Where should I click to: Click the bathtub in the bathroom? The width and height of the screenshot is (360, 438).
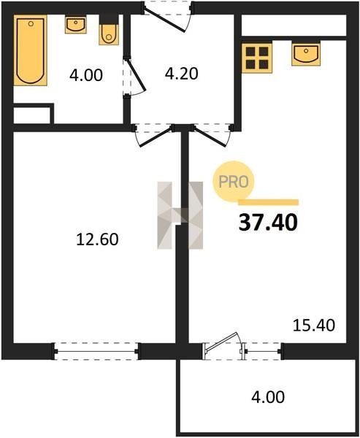click(31, 50)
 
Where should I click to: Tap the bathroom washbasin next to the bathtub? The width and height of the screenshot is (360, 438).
click(75, 25)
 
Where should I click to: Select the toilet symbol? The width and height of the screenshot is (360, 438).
click(109, 30)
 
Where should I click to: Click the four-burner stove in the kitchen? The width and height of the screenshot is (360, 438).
click(257, 58)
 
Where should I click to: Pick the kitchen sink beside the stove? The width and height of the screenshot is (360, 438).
click(306, 53)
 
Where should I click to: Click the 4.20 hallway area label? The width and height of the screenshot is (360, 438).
click(182, 74)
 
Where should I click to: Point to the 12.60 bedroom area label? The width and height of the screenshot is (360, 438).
click(97, 239)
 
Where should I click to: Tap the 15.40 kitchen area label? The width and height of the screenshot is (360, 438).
click(313, 326)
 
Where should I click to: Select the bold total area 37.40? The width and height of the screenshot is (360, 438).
click(268, 223)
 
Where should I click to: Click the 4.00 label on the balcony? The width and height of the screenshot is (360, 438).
click(268, 397)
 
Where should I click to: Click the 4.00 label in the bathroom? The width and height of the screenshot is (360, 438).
click(86, 75)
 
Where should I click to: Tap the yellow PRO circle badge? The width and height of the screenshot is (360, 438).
click(234, 182)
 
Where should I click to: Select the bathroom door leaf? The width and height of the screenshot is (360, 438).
click(136, 75)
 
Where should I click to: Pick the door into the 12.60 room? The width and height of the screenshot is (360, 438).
click(156, 137)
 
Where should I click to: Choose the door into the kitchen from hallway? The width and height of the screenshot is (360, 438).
click(210, 137)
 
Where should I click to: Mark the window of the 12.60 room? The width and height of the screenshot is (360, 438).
click(96, 351)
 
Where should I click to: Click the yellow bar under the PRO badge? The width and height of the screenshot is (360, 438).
click(268, 202)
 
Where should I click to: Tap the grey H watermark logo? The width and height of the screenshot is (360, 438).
click(180, 215)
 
